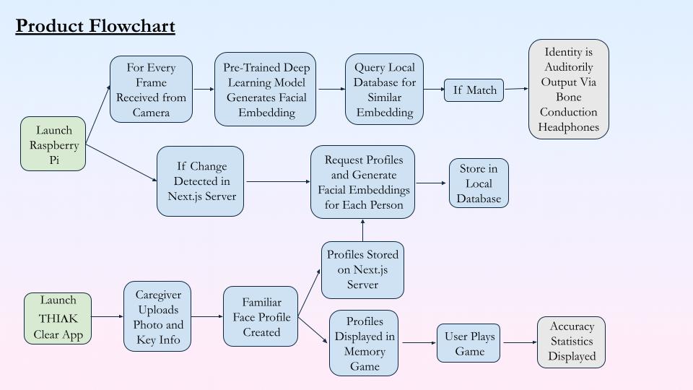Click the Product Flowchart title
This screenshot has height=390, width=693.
click(95, 27)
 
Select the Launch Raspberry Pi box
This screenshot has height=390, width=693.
click(54, 145)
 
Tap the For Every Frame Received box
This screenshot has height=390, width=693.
click(151, 90)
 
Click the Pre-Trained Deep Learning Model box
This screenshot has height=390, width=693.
click(266, 90)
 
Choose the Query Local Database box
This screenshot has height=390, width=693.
click(384, 90)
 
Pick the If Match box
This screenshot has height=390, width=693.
click(474, 90)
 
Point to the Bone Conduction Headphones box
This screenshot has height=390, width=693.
click(568, 90)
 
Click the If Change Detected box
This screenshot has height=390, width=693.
click(200, 181)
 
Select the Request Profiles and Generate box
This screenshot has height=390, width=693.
click(363, 182)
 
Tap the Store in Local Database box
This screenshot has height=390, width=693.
click(479, 184)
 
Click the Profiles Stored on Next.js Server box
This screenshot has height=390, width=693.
click(362, 270)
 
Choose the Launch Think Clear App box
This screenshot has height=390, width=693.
click(58, 317)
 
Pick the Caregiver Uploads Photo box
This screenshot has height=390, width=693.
click(157, 316)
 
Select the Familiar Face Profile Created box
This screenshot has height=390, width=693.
click(261, 316)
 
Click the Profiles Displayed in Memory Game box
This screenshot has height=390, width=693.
click(365, 343)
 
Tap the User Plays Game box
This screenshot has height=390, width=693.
click(469, 343)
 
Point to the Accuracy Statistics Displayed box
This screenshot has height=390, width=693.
click(571, 342)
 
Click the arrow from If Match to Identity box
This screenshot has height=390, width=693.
click(515, 90)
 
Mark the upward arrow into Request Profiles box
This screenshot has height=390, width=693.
click(362, 230)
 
